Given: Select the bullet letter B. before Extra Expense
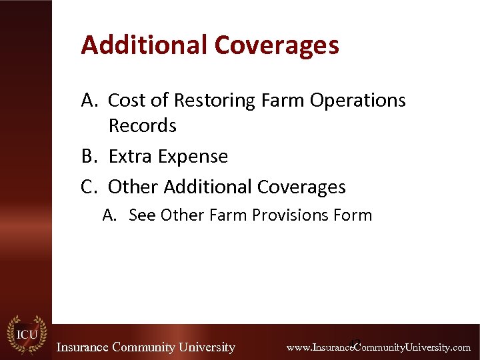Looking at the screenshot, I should click(90, 156).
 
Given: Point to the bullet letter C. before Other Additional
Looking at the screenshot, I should click(90, 187).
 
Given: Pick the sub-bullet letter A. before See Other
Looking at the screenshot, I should click(111, 215).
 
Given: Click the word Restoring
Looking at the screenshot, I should click(215, 100).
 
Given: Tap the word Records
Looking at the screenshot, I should click(142, 125).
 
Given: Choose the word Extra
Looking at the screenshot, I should click(131, 156).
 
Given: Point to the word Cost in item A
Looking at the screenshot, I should click(127, 100).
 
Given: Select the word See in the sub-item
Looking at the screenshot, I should click(142, 215).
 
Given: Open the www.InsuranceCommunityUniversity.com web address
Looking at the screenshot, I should click(378, 347).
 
